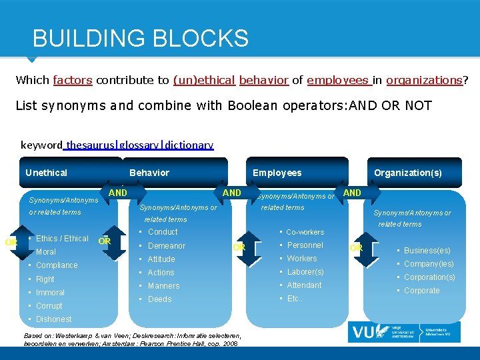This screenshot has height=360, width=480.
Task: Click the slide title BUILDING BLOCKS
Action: (140, 38)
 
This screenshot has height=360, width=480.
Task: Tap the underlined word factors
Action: (73, 80)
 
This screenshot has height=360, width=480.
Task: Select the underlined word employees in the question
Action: (339, 80)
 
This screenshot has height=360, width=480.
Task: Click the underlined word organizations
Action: (424, 80)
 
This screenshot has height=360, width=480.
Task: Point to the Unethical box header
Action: (47, 173)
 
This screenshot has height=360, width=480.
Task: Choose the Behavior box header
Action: (149, 173)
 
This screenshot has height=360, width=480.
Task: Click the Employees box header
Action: (277, 173)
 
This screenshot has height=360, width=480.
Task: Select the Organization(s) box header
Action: (407, 173)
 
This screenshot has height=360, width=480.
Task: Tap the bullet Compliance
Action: (57, 265)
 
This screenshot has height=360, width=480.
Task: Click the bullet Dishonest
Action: (53, 319)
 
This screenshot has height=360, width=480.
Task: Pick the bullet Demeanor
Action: (167, 246)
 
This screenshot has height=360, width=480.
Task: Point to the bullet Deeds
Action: (160, 299)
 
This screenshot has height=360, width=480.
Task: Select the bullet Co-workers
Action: (305, 232)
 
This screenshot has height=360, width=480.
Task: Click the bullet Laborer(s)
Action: (305, 272)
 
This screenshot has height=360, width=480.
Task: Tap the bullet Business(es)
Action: (427, 251)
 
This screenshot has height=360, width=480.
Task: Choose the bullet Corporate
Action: (421, 291)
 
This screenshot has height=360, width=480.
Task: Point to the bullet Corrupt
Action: (49, 306)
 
